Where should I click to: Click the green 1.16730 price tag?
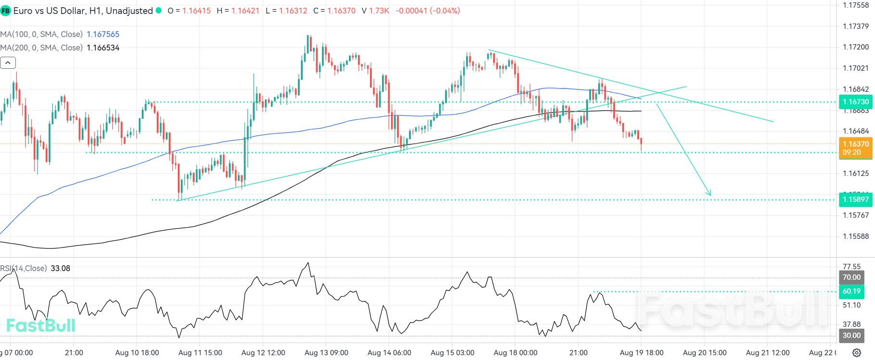pos(855,102)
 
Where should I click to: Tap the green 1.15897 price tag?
pos(855,199)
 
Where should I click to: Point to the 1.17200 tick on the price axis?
pos(855,47)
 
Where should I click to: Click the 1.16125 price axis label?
pos(855,173)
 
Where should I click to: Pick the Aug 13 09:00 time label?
pos(326,353)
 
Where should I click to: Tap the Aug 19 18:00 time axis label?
pos(641,353)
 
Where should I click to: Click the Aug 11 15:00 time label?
pos(200,353)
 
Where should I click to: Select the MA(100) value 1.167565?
pos(103,34)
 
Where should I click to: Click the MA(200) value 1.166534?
pos(103,48)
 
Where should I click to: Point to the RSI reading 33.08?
pos(61,268)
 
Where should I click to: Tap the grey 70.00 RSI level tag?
pos(851,277)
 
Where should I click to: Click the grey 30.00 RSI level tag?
pos(851,335)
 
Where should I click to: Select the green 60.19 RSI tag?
pos(851,291)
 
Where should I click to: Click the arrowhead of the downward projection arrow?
pos(710,194)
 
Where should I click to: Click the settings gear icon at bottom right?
pos(857,353)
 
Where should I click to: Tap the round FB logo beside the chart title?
pos(5,11)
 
